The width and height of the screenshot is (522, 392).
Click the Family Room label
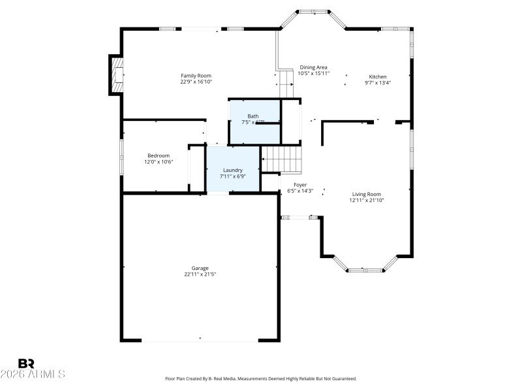196,76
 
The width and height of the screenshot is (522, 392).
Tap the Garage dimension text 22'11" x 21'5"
200,274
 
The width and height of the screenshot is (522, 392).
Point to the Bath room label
253,116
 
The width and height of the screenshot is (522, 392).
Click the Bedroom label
159,155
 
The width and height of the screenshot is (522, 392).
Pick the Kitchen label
378,76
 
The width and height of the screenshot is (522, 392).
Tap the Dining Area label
313,67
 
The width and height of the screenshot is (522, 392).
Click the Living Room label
366,194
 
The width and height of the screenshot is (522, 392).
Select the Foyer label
300,185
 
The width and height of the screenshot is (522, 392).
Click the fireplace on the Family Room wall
117,75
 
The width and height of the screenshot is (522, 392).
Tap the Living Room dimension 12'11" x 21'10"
366,201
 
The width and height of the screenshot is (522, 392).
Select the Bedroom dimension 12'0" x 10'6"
159,162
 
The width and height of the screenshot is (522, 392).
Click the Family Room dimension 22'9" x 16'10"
196,82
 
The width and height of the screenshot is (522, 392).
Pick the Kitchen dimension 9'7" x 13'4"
378,82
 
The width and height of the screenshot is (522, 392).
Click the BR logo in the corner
26,363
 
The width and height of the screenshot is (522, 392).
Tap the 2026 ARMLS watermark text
33,374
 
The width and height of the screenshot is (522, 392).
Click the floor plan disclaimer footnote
261,379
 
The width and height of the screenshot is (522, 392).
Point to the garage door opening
200,340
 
